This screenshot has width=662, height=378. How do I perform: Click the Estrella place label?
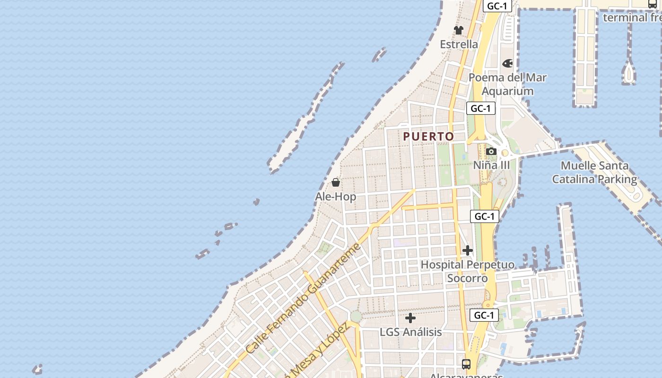(459, 44)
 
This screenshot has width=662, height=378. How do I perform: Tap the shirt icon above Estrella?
(459, 30)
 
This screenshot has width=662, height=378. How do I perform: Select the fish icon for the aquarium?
(507, 63)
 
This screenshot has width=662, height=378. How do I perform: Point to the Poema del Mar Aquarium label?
(507, 84)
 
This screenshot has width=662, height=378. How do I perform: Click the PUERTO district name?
(428, 137)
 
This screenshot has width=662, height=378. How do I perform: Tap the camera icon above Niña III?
(491, 152)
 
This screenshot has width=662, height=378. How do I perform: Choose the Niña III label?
(492, 165)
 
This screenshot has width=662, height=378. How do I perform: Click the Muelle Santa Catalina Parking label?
(595, 172)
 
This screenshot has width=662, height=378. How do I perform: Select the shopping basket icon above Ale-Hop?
(336, 182)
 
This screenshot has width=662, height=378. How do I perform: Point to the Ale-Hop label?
(336, 197)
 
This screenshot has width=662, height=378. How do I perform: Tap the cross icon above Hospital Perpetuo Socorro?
(468, 250)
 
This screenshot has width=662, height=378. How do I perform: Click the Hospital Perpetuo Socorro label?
(468, 271)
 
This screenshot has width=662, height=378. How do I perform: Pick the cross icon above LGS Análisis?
(410, 318)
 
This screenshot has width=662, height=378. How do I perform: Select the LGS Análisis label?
(410, 332)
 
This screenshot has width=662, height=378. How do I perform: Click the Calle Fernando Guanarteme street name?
(304, 299)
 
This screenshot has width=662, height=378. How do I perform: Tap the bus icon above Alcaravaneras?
(466, 364)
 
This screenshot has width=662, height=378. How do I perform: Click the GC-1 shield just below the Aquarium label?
(481, 108)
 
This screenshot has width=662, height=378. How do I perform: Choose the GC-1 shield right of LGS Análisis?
(484, 315)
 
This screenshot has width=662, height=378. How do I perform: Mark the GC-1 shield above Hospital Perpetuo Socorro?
(485, 216)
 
